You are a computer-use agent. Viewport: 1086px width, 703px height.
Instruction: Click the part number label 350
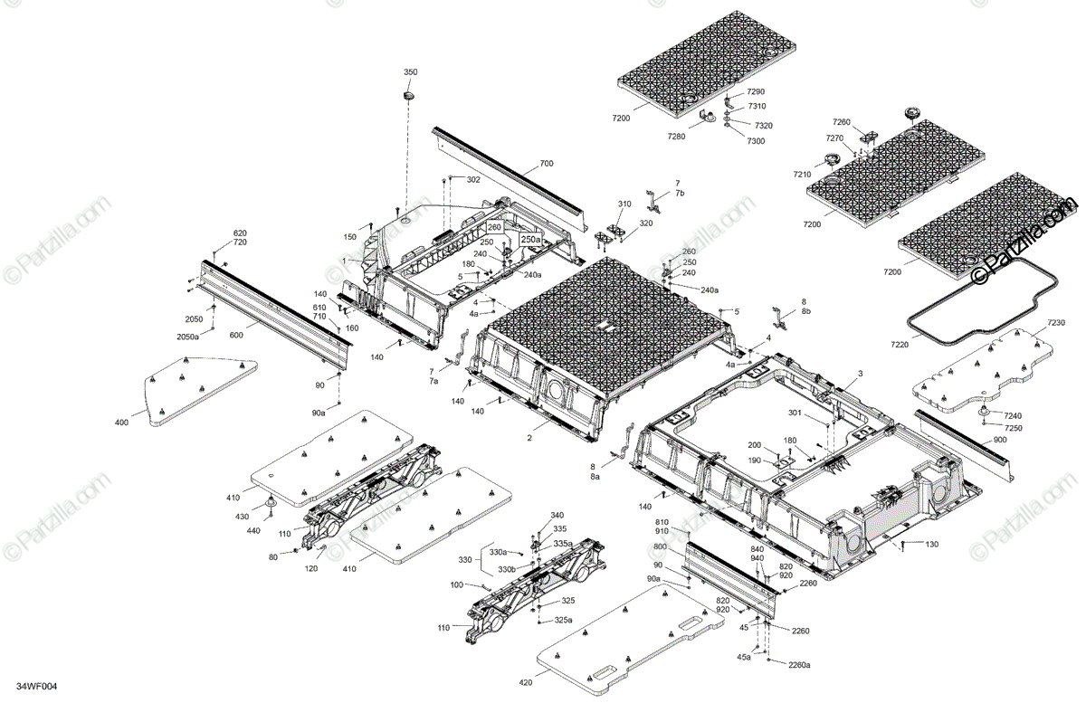[x=410, y=71]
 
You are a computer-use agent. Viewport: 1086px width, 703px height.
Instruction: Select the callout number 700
[x=546, y=164]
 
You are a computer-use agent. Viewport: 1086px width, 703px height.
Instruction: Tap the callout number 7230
[x=1056, y=323]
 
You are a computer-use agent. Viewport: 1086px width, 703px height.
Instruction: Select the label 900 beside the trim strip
[x=999, y=439]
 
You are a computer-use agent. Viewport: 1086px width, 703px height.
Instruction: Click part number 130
[x=931, y=544]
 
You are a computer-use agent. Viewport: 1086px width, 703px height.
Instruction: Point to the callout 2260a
[x=798, y=665]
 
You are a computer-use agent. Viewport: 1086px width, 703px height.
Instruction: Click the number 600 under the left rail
[x=235, y=335]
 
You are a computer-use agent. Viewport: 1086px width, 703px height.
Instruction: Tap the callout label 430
[x=243, y=517]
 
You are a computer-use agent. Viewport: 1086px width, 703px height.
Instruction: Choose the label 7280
[x=676, y=136]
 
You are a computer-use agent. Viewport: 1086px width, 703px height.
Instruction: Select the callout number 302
[x=473, y=180]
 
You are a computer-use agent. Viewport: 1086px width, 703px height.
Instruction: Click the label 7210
[x=802, y=174]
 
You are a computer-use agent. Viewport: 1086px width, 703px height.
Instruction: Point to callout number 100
[x=456, y=585]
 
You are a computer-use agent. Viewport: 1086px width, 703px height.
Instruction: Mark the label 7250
[x=1014, y=427]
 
